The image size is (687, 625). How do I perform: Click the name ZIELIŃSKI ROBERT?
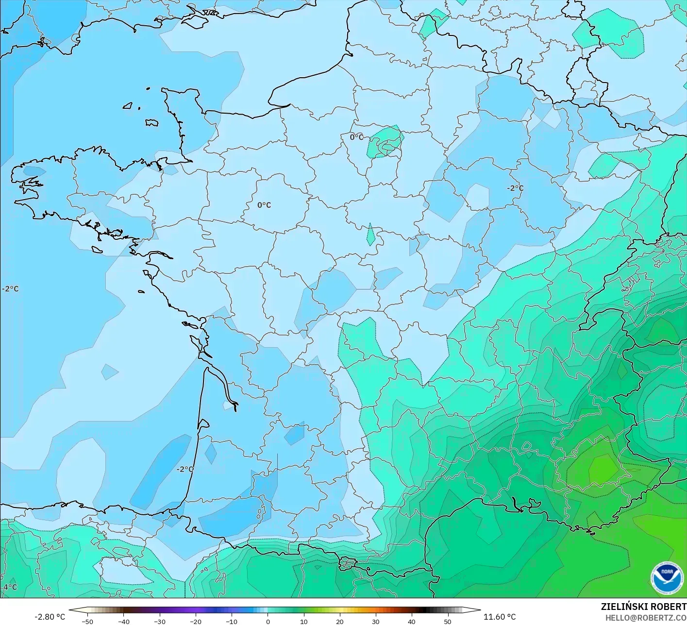[643, 607]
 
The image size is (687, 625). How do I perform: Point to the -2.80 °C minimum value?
[50, 617]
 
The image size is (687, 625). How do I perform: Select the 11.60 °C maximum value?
[500, 617]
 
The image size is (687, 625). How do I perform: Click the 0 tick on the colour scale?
[268, 621]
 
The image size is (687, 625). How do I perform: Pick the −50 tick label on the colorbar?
[87, 621]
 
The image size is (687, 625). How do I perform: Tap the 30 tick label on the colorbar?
[375, 621]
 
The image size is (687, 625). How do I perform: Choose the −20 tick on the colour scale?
[195, 621]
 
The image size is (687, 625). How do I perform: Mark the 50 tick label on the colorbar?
[447, 621]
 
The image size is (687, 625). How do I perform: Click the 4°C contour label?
[10, 587]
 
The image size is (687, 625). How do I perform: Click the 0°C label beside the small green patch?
[356, 137]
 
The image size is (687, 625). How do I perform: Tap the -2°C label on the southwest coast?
[185, 469]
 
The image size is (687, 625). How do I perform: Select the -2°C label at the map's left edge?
[10, 288]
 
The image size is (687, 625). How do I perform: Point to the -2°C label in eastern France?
[515, 188]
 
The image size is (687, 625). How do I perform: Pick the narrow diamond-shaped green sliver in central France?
[370, 235]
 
